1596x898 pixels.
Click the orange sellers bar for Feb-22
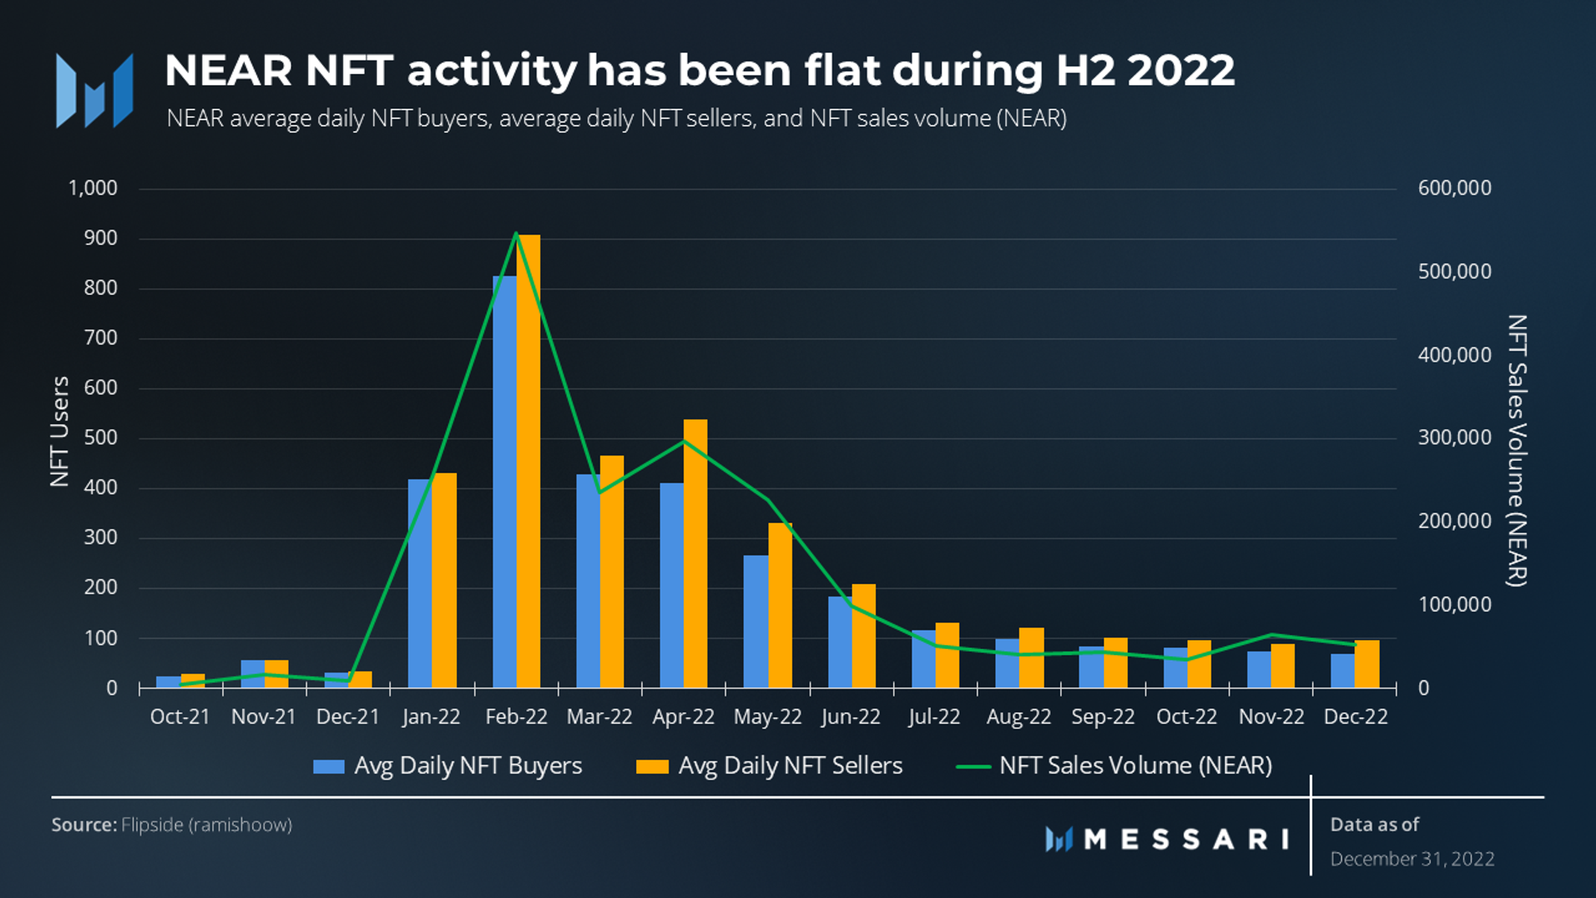pos(528,461)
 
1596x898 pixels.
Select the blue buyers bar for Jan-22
pos(420,583)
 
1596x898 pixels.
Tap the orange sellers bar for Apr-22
pos(695,553)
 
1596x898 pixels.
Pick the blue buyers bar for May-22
pos(756,621)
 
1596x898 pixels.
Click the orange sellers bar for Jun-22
pos(864,636)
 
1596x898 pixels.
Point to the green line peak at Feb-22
pos(516,233)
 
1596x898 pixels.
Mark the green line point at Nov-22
pos(1271,635)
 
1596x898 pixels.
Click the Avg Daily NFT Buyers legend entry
pos(448,765)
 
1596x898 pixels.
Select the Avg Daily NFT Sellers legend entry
pos(769,765)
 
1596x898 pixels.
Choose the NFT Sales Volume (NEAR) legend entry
pos(1114,765)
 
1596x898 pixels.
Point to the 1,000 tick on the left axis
pos(92,188)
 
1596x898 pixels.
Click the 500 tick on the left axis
pos(101,437)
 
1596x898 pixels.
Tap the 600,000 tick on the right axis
pos(1454,188)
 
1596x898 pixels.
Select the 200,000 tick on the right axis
pos(1454,521)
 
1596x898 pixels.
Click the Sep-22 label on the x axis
pos(1103,717)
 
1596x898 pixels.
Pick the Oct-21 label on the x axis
pos(180,717)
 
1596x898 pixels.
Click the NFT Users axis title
pos(60,431)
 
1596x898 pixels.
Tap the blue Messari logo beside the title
pos(95,90)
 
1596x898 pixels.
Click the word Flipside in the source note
pos(152,825)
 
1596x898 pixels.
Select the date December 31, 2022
pos(1412,859)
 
